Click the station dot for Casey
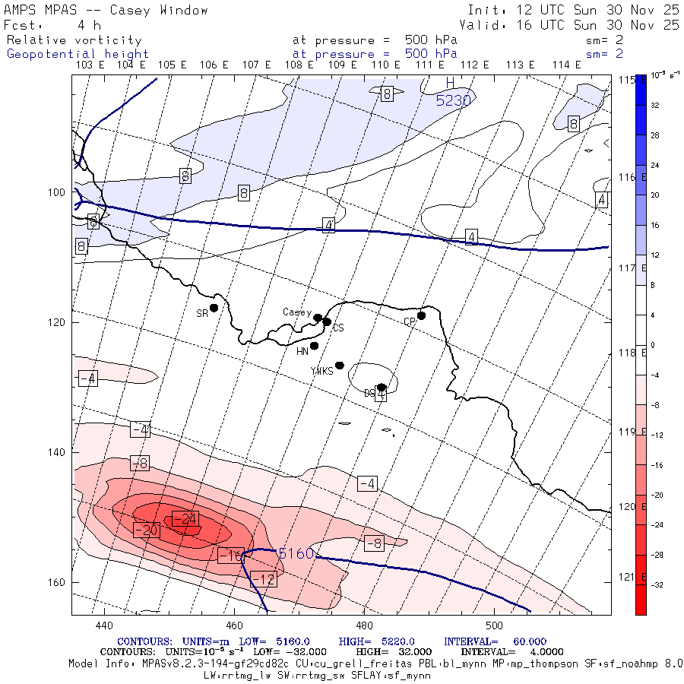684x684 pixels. [x=318, y=318]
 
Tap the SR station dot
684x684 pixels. [x=214, y=308]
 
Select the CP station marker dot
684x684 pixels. [x=421, y=315]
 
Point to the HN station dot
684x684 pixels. [x=314, y=346]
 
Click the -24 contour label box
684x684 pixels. [x=185, y=519]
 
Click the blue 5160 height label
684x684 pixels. [x=296, y=554]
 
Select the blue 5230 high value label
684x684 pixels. [x=453, y=100]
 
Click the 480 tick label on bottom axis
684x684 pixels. [x=364, y=626]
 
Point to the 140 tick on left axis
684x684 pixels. [x=58, y=452]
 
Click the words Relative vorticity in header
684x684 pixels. [x=74, y=40]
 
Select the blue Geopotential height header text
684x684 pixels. [x=78, y=54]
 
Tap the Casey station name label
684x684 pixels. [x=296, y=312]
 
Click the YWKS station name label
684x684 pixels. [x=321, y=371]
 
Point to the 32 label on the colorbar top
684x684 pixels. [x=655, y=106]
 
